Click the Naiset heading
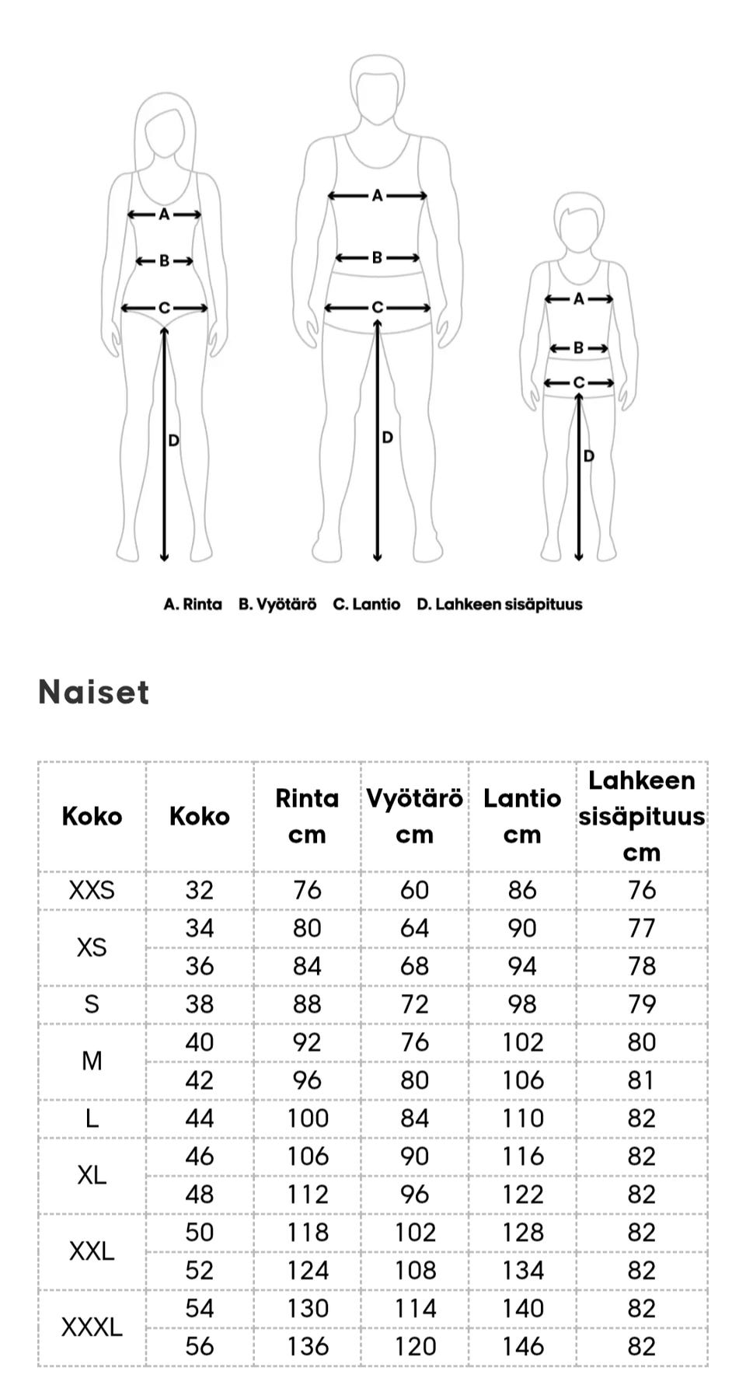[93, 692]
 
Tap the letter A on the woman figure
[164, 215]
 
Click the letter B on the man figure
[377, 257]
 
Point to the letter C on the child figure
[578, 382]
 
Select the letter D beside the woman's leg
[174, 441]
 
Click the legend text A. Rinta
[193, 604]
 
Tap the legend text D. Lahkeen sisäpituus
[499, 604]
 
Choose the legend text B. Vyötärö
[277, 604]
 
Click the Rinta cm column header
[307, 816]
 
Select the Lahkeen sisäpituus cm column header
[641, 816]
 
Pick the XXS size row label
[92, 890]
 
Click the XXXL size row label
[92, 1327]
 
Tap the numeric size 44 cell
[200, 1118]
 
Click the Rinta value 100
[308, 1118]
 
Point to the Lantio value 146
[522, 1346]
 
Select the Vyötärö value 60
[414, 890]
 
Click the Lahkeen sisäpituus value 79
[641, 1004]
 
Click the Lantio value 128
[522, 1232]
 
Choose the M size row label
[92, 1061]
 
